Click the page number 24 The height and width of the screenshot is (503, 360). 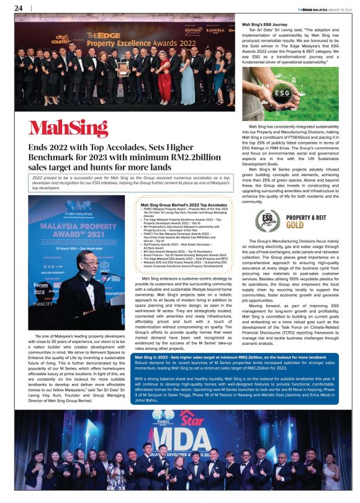[18, 8]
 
